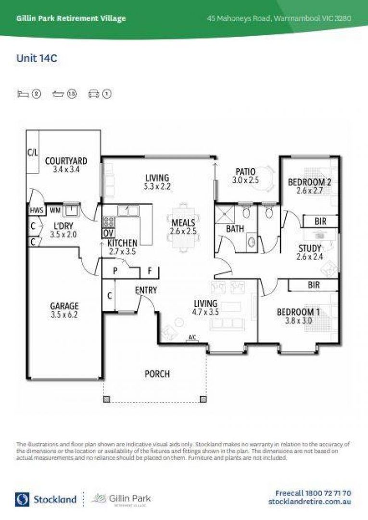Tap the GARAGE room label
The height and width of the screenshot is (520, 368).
64,306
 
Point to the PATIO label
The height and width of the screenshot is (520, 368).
245,172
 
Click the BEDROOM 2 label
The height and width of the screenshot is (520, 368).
310,182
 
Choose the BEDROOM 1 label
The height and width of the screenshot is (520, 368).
298,312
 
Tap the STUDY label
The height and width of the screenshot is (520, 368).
310,248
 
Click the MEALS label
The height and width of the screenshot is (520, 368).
183,222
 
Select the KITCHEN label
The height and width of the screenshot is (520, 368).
122,243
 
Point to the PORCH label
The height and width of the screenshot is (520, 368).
157,374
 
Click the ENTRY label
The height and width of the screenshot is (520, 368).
146,290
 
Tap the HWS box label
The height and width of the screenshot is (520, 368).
37,210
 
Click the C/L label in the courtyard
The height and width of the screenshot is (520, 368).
33,153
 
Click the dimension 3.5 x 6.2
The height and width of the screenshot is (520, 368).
64,315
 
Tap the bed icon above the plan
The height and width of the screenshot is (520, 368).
23,94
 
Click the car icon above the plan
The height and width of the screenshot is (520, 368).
93,94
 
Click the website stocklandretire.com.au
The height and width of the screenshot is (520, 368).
309,502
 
